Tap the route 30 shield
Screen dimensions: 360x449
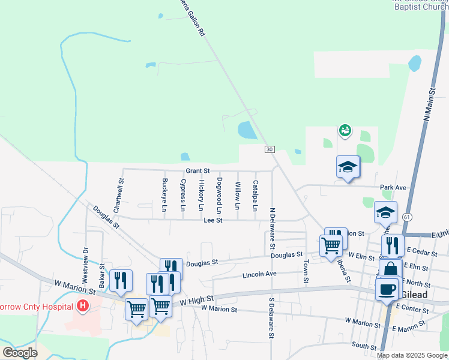tap(269, 149)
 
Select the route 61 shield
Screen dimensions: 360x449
tap(408, 216)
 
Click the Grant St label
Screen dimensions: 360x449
tap(197, 171)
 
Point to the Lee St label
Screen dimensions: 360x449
tap(213, 221)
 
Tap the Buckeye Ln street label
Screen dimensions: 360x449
tap(164, 195)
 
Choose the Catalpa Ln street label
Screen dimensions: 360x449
tap(255, 196)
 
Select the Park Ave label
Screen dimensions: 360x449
tap(393, 188)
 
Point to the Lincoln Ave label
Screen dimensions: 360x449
tap(259, 275)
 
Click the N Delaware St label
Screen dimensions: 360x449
tap(272, 229)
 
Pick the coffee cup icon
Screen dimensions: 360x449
tap(387, 289)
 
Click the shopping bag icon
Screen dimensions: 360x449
tap(390, 269)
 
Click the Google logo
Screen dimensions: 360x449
tap(20, 353)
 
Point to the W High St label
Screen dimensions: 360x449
tap(201, 298)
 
